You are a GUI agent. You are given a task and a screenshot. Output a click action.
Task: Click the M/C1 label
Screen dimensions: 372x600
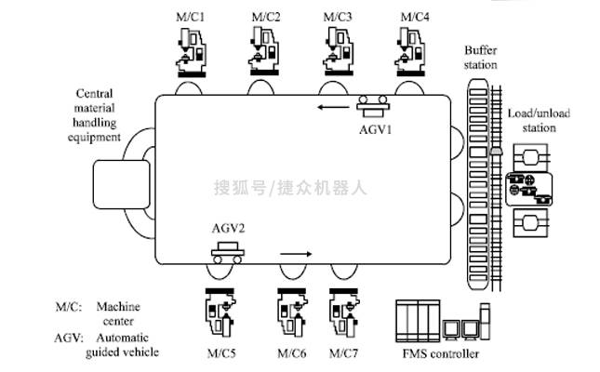coord(192,17)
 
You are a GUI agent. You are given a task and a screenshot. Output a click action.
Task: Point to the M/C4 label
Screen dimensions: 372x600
coord(414,17)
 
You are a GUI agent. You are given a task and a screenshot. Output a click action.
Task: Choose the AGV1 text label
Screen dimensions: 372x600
coord(377,129)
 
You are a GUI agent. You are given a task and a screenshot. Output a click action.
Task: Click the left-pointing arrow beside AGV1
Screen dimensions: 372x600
coord(330,107)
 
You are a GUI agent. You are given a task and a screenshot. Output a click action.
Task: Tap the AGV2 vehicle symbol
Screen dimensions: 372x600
coord(228,250)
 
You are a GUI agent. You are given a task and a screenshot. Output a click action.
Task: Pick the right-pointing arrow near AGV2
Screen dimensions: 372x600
coord(294,252)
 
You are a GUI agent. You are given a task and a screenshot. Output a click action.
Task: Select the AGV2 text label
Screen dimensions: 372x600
coord(227,227)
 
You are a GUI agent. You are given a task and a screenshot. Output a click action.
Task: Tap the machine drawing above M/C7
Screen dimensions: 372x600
coord(345,313)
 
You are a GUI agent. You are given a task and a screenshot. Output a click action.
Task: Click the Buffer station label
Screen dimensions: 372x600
coord(480,58)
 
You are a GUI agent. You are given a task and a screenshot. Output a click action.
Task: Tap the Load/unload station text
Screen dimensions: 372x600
coord(539,120)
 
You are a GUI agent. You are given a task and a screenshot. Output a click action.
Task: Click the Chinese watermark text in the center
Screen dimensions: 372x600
coord(291,186)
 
